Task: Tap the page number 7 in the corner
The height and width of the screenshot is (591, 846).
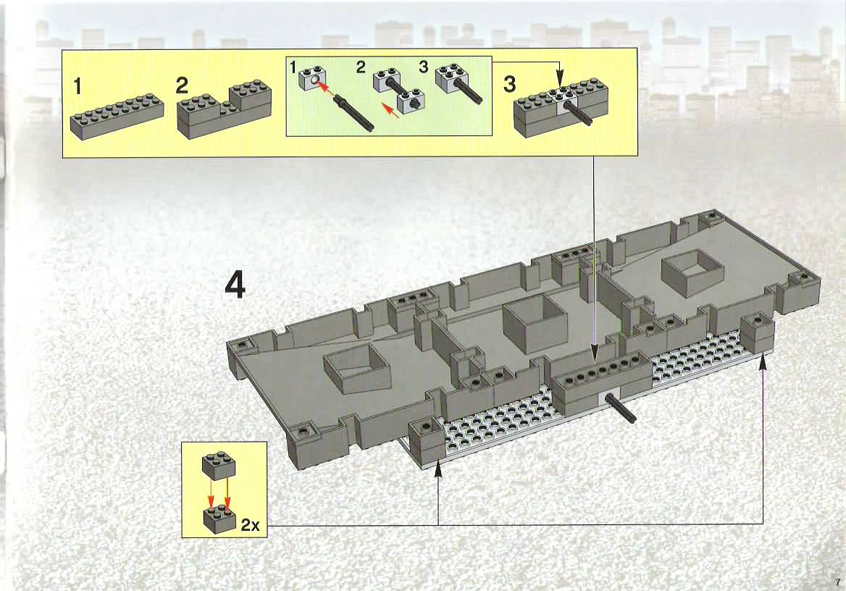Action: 837,582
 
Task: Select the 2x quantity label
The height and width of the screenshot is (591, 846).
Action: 251,524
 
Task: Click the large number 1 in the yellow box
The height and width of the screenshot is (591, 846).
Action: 78,86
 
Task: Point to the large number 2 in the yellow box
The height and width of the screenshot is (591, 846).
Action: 183,85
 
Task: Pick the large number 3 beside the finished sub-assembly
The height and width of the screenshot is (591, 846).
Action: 508,85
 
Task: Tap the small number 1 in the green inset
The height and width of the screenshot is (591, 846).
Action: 293,68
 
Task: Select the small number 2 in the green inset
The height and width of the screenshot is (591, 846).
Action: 361,67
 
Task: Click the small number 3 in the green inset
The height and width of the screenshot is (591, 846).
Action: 424,67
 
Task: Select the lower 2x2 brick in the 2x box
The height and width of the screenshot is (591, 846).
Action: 219,518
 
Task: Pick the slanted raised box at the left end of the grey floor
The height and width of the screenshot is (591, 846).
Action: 356,369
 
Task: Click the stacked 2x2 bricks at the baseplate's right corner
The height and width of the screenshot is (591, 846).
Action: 757,332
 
